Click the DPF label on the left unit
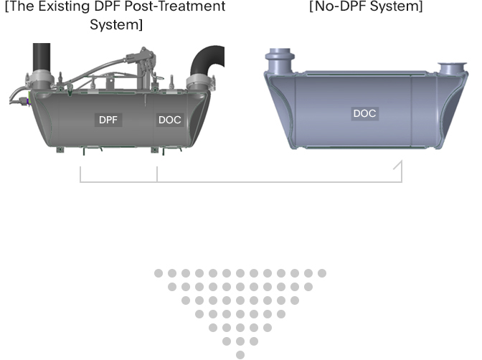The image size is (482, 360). tap(109, 120)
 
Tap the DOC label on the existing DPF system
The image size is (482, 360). tap(170, 120)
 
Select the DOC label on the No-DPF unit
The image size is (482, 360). tap(364, 113)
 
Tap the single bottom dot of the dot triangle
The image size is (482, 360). tap(240, 354)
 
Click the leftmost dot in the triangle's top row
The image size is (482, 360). tap(159, 273)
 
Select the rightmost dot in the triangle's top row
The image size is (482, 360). tap(322, 273)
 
